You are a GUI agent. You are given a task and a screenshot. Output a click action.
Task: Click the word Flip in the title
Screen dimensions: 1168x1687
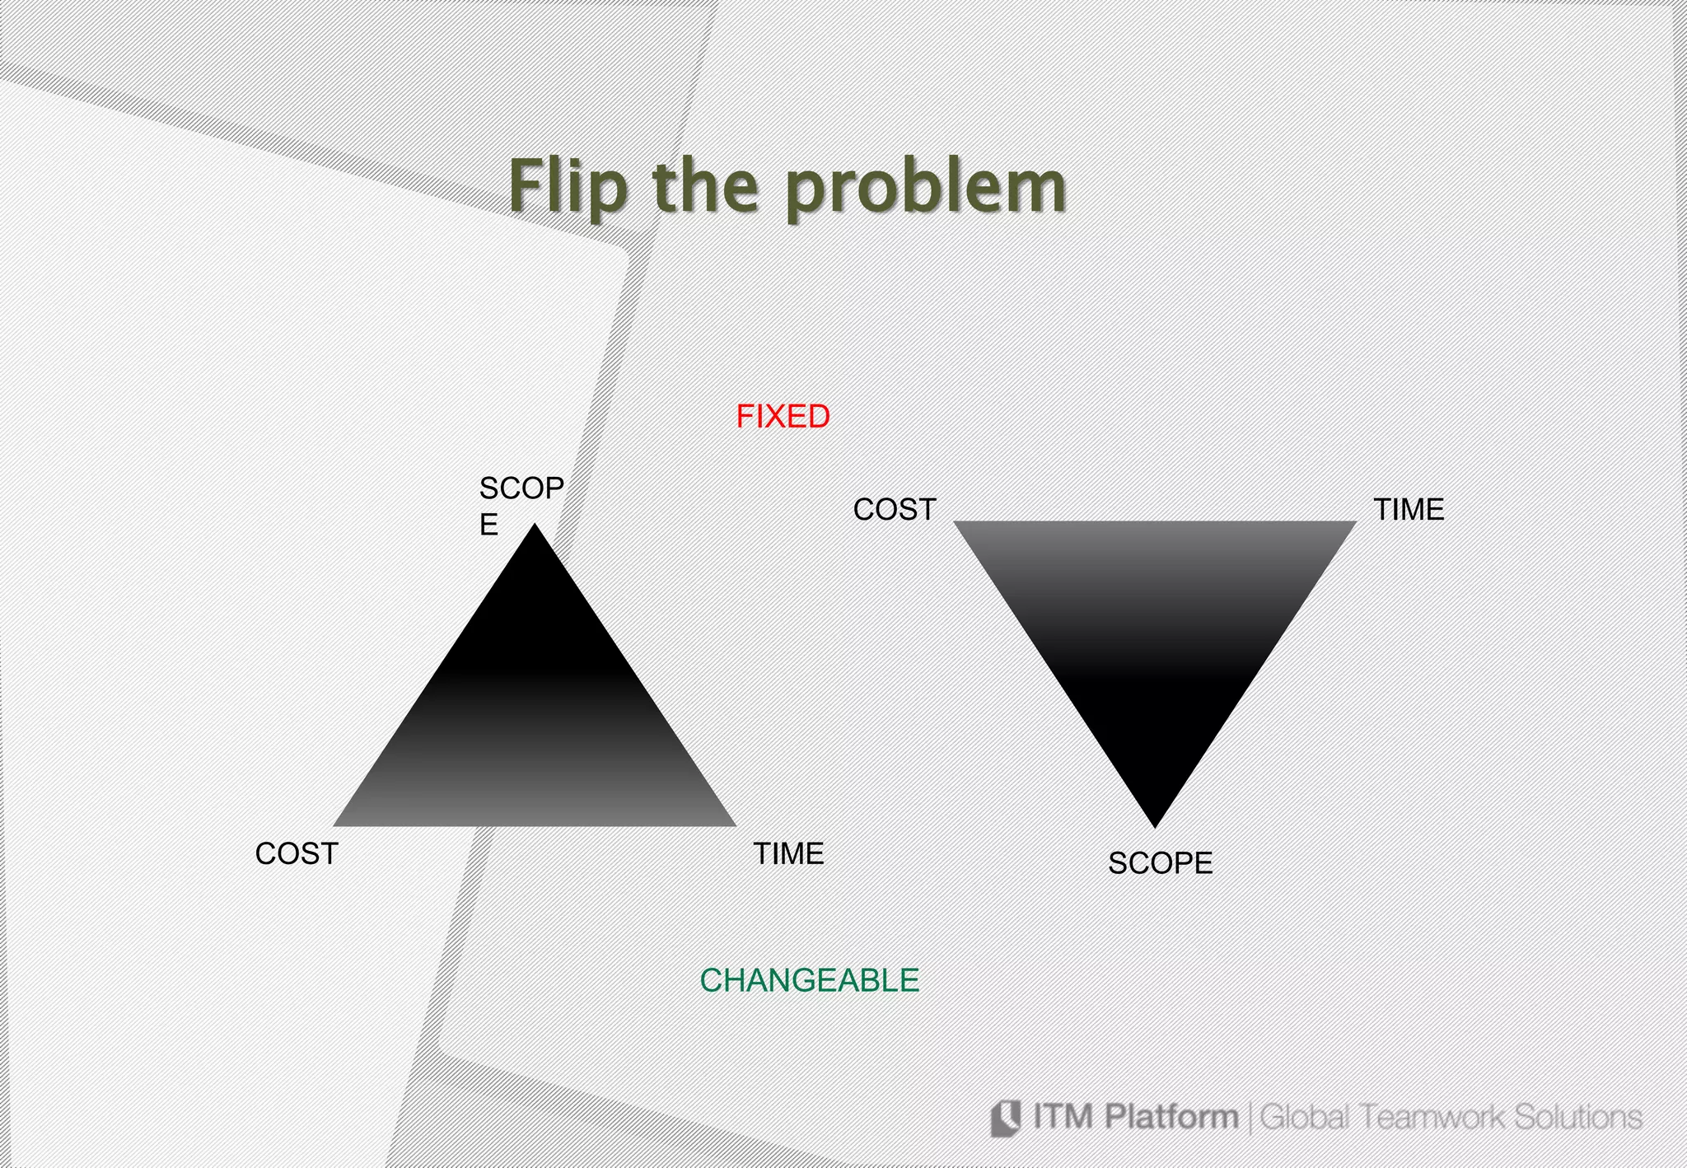[568, 188]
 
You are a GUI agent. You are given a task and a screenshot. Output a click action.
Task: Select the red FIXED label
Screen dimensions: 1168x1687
[783, 417]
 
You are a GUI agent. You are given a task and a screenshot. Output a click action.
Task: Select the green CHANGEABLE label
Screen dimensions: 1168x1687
[809, 980]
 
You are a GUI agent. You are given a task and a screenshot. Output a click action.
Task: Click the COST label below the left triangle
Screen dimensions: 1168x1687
[297, 854]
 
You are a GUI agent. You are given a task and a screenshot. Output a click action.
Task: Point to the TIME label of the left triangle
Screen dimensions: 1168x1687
[788, 854]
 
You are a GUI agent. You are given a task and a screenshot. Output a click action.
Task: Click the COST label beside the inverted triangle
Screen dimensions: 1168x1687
[895, 510]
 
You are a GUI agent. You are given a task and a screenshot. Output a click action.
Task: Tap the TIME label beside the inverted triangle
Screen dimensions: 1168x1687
[1409, 510]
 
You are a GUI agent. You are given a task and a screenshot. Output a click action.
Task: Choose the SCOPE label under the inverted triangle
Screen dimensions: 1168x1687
[1160, 863]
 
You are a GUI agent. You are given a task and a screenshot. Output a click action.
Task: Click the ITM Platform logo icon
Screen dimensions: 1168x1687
[1006, 1118]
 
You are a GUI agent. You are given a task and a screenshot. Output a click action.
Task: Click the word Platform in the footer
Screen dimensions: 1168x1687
[1171, 1117]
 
